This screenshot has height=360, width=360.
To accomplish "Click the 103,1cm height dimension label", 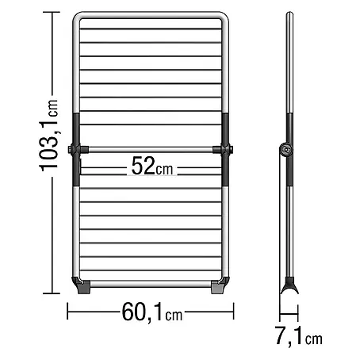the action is click(48, 136).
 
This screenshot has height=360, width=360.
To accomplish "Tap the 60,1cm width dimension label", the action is click(152, 312).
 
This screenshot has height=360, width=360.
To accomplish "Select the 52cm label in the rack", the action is click(152, 166).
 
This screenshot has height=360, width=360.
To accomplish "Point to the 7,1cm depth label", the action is click(298, 335).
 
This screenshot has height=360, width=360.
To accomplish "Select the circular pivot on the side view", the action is click(285, 150).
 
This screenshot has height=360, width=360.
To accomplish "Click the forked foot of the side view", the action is click(289, 285).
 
